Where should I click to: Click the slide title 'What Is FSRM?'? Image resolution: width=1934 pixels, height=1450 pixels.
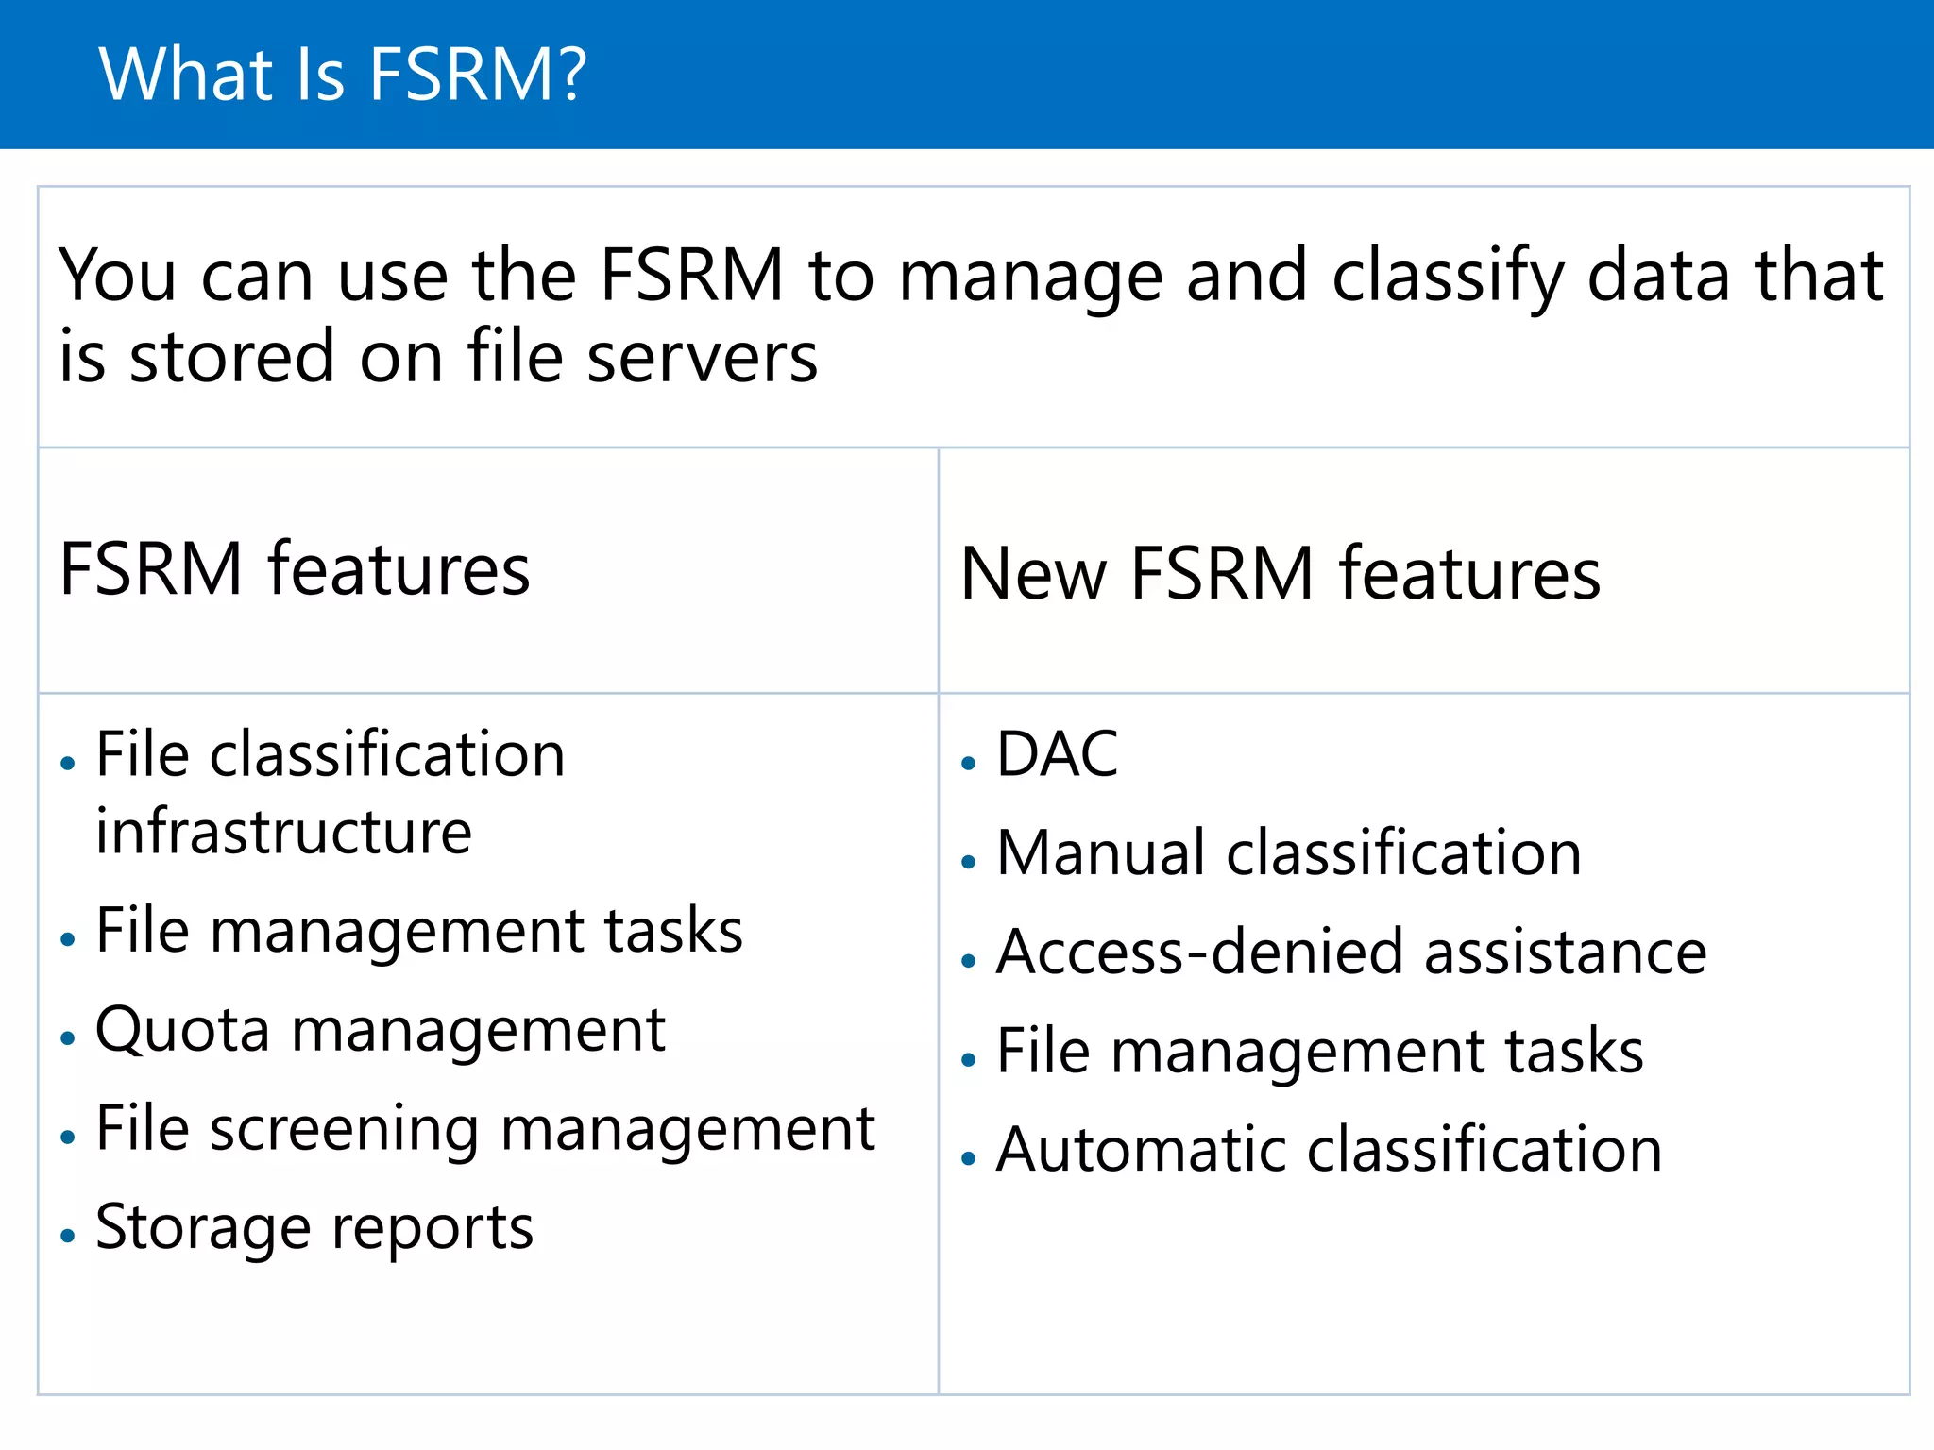coord(343,75)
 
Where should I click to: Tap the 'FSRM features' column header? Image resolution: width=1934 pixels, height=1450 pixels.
coord(295,569)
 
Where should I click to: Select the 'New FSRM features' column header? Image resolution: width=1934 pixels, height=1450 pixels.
coord(1281,574)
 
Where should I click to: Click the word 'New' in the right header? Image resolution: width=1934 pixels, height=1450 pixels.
coord(1033,574)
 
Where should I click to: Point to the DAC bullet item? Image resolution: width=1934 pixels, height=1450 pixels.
coord(1058,755)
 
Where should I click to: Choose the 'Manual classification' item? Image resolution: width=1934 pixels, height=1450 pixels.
coord(1289,853)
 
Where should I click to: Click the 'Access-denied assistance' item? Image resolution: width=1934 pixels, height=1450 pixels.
coord(1351,952)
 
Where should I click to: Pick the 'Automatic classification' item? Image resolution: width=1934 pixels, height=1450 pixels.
coord(1329,1150)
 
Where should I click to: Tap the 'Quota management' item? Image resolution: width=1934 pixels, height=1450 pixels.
coord(381,1030)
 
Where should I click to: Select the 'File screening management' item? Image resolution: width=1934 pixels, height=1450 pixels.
coord(485,1129)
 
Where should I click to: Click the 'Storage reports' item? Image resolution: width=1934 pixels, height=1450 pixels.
coord(314,1227)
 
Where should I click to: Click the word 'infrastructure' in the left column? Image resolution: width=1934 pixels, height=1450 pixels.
coord(283,833)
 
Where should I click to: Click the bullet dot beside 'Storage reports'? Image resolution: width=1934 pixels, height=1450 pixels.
coord(67,1235)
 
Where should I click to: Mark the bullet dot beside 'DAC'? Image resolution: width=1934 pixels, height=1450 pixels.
coord(968,763)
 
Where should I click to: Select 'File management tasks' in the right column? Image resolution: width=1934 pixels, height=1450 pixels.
coord(1320,1052)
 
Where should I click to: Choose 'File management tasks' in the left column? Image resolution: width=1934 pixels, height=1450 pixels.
coord(419,932)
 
